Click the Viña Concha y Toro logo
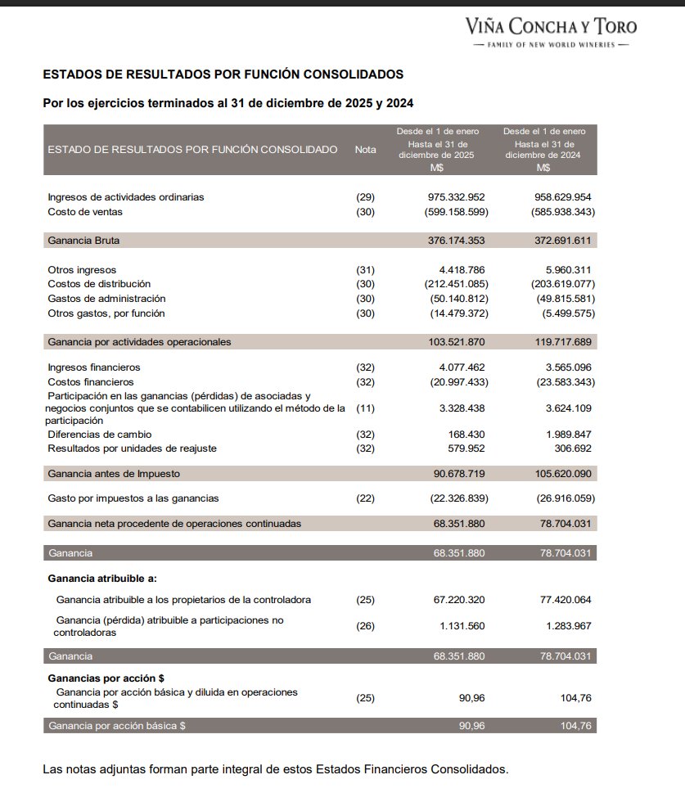pos(550,31)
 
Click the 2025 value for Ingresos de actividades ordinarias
pos(457,197)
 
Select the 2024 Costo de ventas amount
pos(563,212)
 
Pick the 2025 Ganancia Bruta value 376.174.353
pos(457,241)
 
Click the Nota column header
pos(366,150)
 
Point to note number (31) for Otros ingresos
pos(365,269)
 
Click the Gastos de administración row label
pos(106,299)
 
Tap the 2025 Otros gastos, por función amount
pos(458,313)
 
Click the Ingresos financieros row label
pos(94,367)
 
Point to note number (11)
pos(365,408)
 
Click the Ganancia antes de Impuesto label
pos(114,473)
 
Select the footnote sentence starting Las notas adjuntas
pos(275,769)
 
